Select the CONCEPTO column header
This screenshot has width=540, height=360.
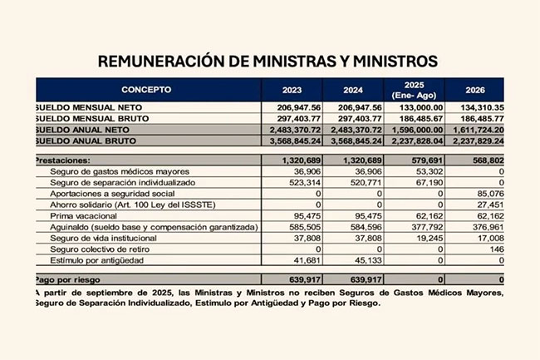click(x=146, y=88)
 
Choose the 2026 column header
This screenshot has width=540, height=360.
click(x=477, y=88)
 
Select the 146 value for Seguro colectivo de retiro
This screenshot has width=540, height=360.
click(x=496, y=249)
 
